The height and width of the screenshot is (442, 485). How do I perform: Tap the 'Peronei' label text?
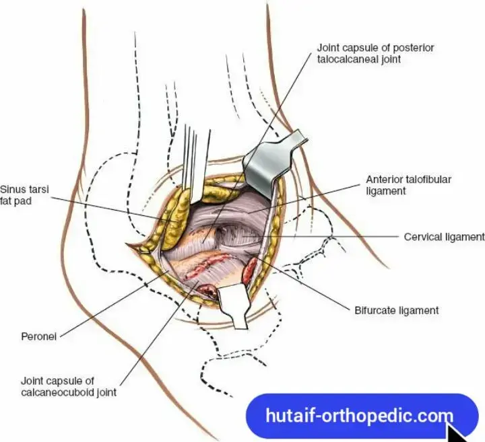pos(40,336)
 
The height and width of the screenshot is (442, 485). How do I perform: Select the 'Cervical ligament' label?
pos(444,237)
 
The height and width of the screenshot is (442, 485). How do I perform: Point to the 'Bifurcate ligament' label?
pos(397,310)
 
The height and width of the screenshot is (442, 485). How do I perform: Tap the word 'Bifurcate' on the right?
pos(374,310)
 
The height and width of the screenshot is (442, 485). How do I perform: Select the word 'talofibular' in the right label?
pos(427,180)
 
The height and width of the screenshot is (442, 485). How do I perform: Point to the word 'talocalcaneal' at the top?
pos(348,59)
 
